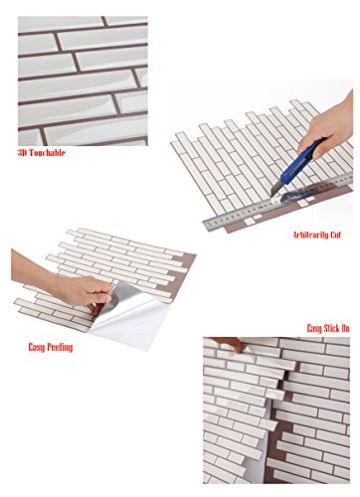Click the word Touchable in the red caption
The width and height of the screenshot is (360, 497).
46,153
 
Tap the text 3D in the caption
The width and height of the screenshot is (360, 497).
22,153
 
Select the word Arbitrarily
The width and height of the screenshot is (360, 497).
310,235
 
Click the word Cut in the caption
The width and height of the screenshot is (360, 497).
335,235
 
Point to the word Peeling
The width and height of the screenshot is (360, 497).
60,347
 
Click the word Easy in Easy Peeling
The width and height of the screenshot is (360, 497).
37,347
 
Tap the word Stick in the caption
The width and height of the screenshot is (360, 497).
331,328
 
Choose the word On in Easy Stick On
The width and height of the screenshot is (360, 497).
345,328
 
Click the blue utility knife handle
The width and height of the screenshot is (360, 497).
298,163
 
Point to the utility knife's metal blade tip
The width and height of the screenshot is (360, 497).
272,194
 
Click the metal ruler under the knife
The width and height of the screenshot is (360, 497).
277,202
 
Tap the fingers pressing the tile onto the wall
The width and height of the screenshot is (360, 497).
232,344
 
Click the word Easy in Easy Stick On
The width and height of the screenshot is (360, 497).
314,328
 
